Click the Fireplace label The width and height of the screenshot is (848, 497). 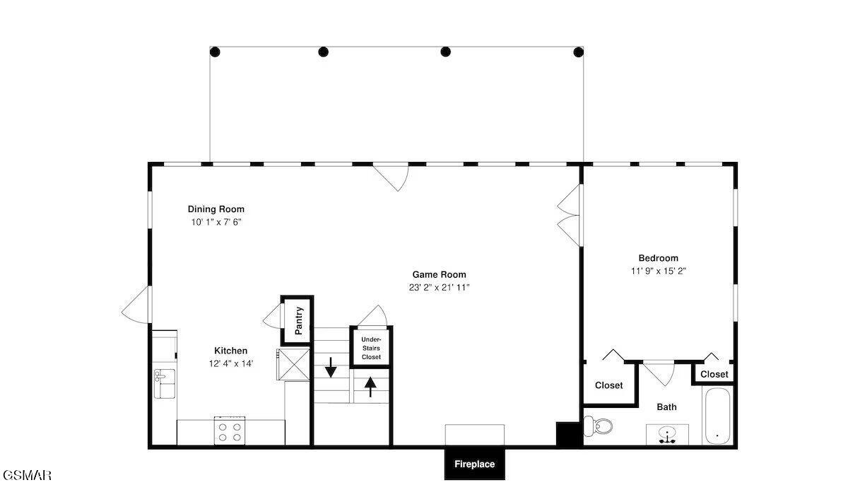(474, 464)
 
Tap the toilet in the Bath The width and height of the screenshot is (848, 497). (598, 426)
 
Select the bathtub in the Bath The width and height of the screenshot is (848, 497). (717, 416)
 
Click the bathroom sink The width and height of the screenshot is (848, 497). (667, 435)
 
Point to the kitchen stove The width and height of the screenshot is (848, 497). (230, 431)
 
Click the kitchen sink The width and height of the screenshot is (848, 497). (165, 383)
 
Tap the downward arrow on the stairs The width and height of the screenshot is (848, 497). (331, 368)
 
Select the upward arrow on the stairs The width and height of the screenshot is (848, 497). (370, 387)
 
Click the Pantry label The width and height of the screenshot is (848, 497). (299, 321)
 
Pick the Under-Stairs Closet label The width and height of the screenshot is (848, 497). (371, 348)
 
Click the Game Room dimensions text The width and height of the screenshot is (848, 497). (439, 288)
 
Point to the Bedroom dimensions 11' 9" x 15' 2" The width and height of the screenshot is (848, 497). (659, 271)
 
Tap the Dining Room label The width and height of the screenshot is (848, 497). (216, 209)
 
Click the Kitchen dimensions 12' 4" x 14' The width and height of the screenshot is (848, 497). (231, 363)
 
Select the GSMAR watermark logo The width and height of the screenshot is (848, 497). (27, 475)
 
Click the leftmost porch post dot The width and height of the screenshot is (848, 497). (215, 52)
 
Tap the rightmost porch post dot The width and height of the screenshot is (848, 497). (579, 52)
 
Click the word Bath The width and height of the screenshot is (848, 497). (666, 407)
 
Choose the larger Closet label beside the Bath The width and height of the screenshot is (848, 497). (608, 385)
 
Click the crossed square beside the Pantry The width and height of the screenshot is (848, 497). (294, 364)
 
